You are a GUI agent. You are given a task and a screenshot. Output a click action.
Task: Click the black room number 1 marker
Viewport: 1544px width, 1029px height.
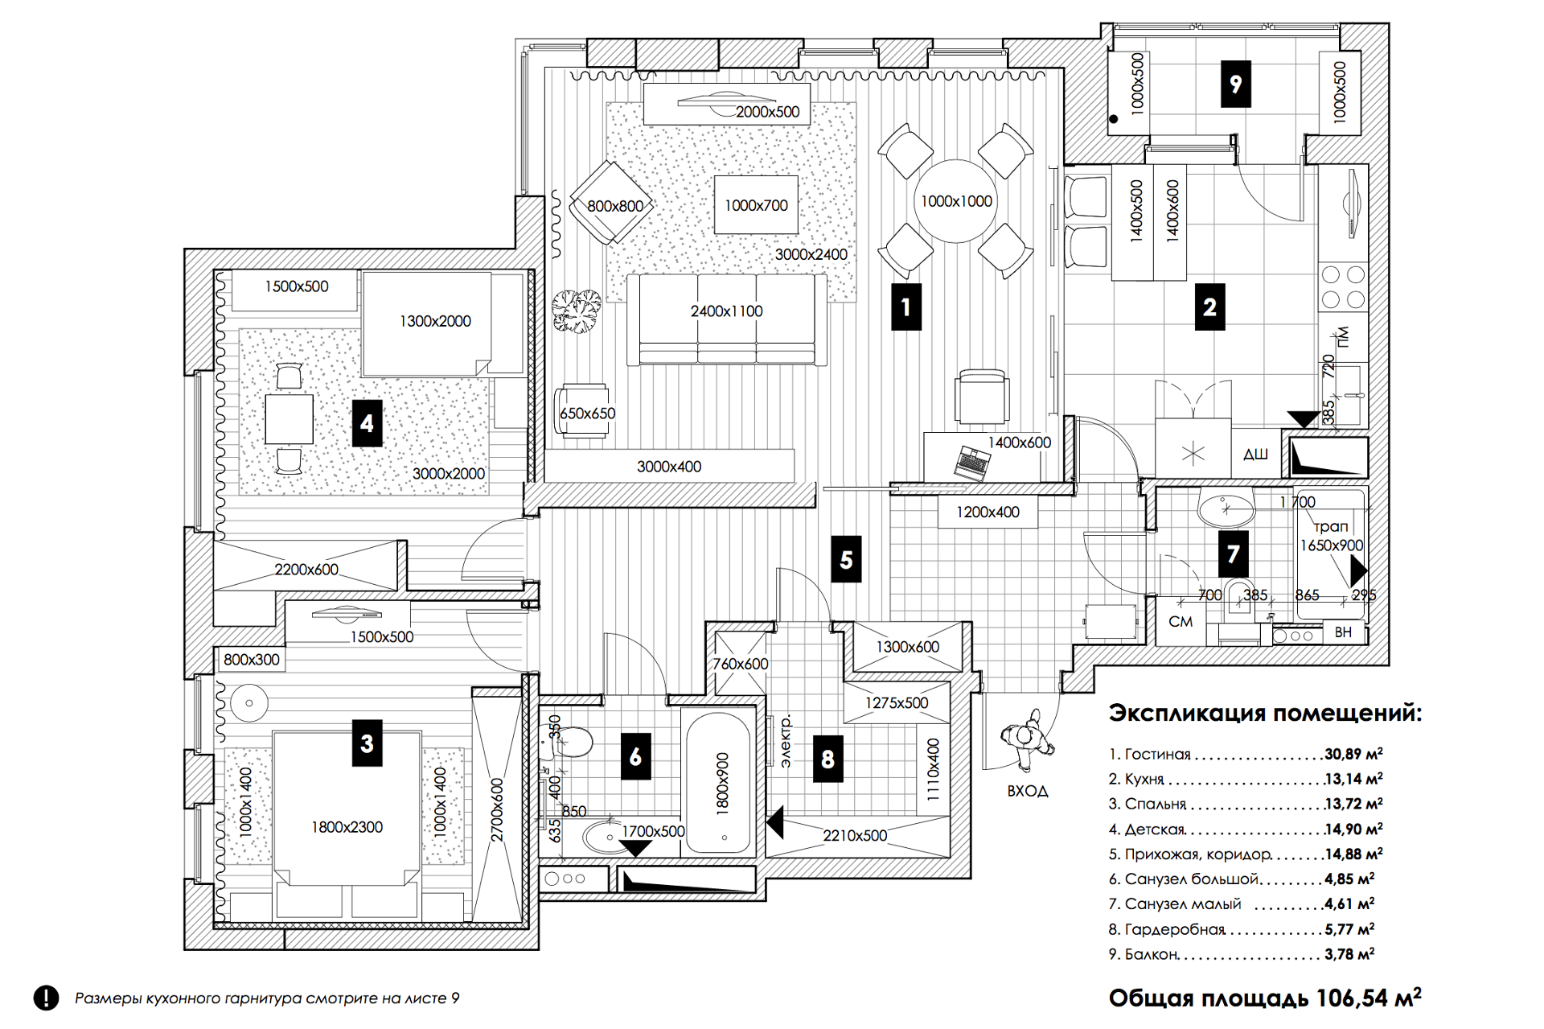tap(906, 307)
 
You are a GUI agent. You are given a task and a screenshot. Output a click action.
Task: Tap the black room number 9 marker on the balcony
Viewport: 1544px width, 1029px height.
tap(1235, 83)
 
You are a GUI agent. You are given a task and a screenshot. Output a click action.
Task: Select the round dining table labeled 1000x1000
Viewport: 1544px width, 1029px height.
tap(955, 201)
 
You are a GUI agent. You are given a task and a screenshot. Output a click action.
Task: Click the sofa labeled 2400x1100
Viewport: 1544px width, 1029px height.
tap(726, 320)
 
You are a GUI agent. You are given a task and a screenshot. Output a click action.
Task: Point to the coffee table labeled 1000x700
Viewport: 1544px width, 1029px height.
tap(756, 205)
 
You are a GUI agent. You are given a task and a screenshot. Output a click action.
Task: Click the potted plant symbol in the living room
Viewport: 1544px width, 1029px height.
tap(577, 310)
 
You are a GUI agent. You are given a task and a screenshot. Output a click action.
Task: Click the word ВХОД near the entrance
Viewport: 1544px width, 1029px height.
tap(1027, 791)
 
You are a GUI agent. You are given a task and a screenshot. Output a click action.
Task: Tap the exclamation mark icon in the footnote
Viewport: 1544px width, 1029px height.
tap(47, 998)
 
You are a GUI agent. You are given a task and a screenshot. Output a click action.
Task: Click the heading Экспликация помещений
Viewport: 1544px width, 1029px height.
tap(1264, 713)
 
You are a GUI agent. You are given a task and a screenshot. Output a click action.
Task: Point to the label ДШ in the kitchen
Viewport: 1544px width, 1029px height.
tap(1255, 455)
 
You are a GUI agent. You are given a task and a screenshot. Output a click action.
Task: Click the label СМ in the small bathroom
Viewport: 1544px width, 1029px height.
tap(1181, 621)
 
